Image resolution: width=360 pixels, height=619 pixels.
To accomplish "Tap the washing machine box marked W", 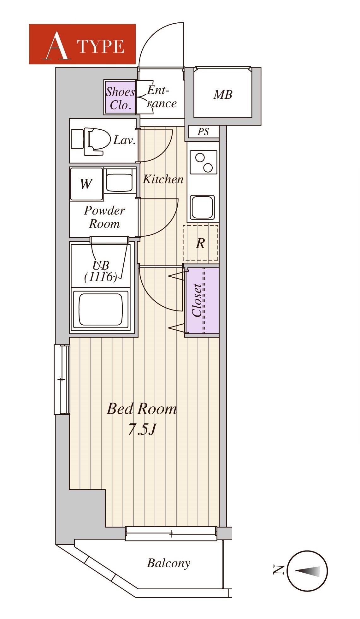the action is tap(87, 184).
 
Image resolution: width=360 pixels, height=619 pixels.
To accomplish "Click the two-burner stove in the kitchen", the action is tap(204, 162).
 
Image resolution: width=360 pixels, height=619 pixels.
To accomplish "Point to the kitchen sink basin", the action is tap(203, 207).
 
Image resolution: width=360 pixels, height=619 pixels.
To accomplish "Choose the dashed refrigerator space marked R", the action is tap(201, 243).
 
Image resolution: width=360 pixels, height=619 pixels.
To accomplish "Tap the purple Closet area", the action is tap(202, 300).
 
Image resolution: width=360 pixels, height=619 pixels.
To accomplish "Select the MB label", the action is tap(223, 94).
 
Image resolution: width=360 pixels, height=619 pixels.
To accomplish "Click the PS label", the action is tap(203, 132).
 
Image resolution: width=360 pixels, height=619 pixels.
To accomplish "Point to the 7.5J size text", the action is tap(142, 429).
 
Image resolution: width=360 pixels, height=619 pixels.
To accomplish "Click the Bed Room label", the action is tap(142, 409).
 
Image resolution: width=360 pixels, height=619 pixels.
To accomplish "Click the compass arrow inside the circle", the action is tap(307, 570).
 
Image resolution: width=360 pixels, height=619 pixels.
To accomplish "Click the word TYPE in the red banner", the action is tap(101, 47).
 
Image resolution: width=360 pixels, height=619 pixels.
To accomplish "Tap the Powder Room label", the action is tap(104, 217).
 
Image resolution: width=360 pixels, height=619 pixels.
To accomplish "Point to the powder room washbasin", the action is tap(119, 180).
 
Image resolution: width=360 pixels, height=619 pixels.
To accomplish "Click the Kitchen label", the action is tap(163, 179).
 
